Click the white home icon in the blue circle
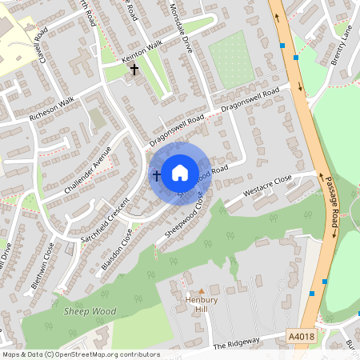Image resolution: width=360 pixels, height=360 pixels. (x=180, y=172)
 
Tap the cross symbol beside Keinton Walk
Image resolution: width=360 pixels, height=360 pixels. (x=134, y=70)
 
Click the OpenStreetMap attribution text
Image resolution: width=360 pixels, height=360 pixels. (x=81, y=354)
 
